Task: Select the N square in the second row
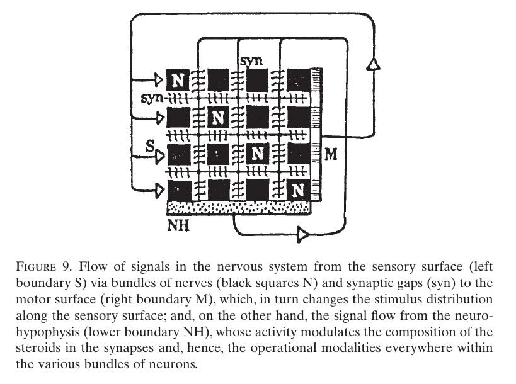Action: tap(218, 117)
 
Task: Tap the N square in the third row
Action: tap(256, 153)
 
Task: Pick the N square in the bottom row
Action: tap(298, 189)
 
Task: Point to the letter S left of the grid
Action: tap(149, 146)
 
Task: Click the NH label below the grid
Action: tap(178, 224)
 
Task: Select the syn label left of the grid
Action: tap(152, 99)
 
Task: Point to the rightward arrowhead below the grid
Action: tap(303, 235)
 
